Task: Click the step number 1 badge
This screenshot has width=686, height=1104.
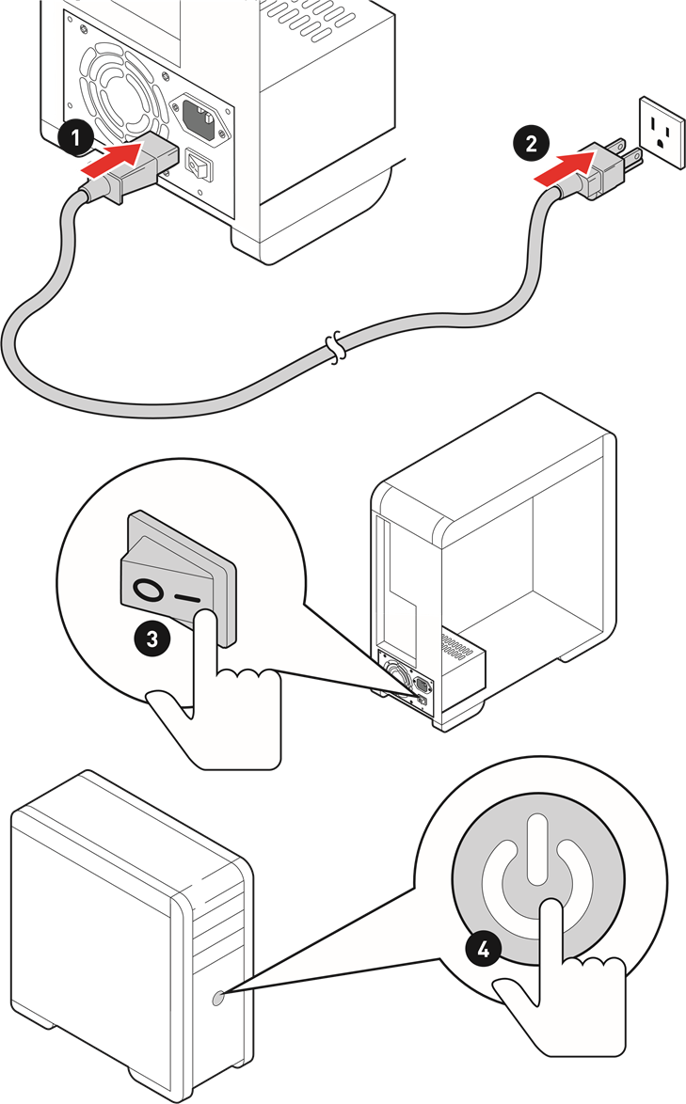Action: coord(75,136)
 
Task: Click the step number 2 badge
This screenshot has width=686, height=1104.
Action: coord(531,143)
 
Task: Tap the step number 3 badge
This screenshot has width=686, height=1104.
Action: coord(152,639)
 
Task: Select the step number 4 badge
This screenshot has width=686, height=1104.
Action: coord(483,949)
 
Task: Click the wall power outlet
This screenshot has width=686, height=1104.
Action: coord(662,132)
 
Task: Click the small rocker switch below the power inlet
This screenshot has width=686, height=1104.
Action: coord(199,166)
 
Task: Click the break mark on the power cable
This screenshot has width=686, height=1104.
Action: coord(338,347)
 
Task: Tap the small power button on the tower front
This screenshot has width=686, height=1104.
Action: coord(217,998)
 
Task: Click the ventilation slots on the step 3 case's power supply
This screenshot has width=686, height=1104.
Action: coord(455,646)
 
